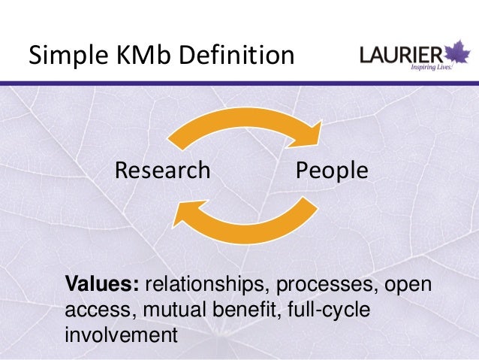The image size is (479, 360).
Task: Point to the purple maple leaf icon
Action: [x=455, y=54]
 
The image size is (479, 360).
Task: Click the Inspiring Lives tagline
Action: [x=432, y=67]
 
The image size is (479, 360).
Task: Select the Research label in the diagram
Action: [x=162, y=171]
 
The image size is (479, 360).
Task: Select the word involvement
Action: [x=120, y=333]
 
